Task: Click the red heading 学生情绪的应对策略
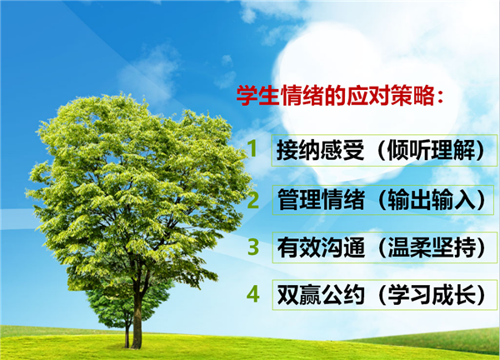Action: pos(340,96)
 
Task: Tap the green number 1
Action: pos(252,148)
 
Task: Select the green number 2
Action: pos(253,200)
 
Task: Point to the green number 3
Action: pos(253,247)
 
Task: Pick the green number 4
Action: pos(253,294)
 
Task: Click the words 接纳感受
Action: pos(321,150)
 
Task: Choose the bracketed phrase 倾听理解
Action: pos(431,150)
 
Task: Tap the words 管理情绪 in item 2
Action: pos(321,200)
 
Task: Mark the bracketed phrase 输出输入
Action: pos(432,200)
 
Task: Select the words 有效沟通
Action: pos(321,247)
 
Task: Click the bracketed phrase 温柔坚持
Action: pos(432,247)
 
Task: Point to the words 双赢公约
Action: pos(321,295)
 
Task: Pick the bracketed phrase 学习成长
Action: pos(432,295)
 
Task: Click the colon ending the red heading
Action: pos(440,97)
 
